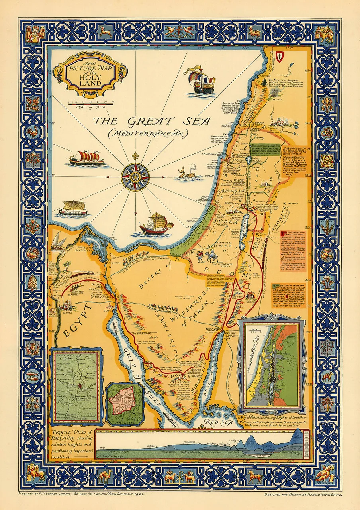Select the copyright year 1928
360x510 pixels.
coord(138,494)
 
